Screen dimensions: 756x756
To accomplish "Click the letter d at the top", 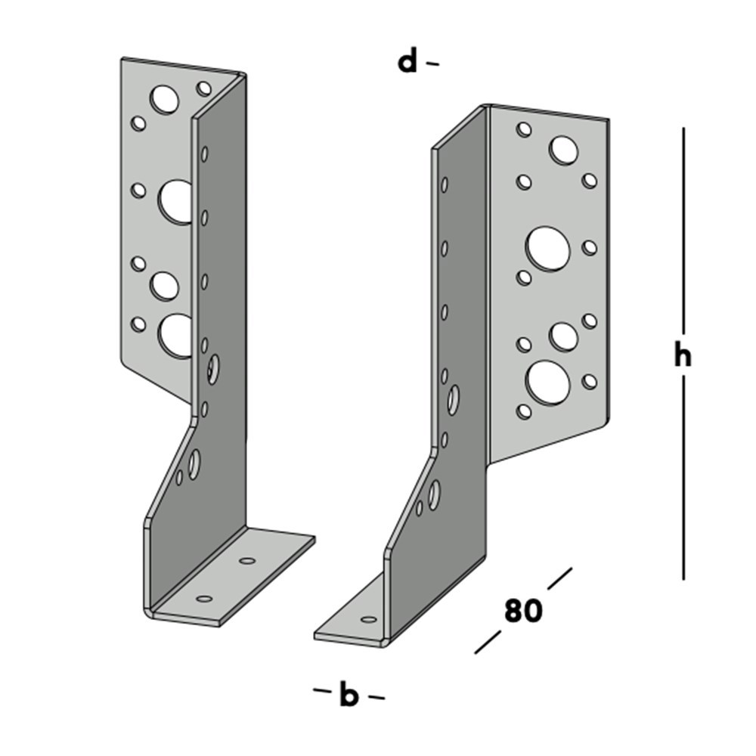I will tap(407, 62).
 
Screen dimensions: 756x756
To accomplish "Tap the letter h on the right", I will tap(683, 355).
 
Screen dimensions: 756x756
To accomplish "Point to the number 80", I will tap(523, 611).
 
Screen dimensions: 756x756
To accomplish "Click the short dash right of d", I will tap(432, 64).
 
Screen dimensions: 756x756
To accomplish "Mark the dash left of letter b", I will tap(321, 690).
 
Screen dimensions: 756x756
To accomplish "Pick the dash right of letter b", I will tap(375, 697).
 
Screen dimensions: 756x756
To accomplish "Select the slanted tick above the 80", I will tap(559, 578).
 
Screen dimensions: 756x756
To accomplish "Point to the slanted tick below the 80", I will tap(488, 643).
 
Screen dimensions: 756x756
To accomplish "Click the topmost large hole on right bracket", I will tap(563, 150).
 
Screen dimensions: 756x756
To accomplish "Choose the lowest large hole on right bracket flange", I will tap(548, 383).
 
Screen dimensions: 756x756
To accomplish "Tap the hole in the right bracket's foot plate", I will tap(368, 620).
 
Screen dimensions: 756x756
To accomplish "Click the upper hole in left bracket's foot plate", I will tap(247, 561).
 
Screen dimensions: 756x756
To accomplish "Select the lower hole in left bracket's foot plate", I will tap(203, 599).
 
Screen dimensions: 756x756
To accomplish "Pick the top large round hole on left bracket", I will tap(164, 99).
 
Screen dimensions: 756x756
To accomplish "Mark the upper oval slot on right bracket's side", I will tap(454, 399).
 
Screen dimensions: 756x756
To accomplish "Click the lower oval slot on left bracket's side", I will tap(195, 463).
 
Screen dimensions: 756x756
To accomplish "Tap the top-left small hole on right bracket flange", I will tap(523, 129).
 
